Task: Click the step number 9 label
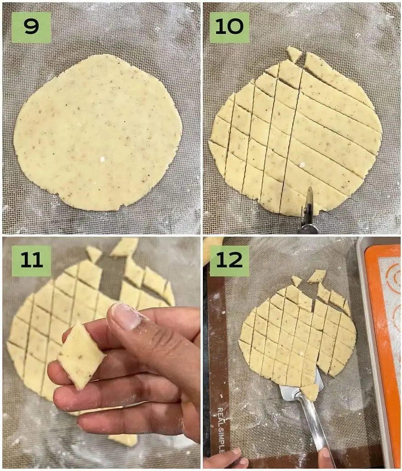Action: click(x=31, y=28)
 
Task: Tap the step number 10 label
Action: click(x=229, y=28)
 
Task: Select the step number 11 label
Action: click(x=31, y=261)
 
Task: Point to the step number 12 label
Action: click(x=229, y=261)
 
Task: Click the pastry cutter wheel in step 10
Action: click(x=307, y=205)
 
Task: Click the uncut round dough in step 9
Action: click(x=98, y=133)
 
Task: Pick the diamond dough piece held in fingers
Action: click(x=81, y=356)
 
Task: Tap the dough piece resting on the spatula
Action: click(x=310, y=392)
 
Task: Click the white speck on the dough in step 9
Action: click(x=103, y=159)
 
